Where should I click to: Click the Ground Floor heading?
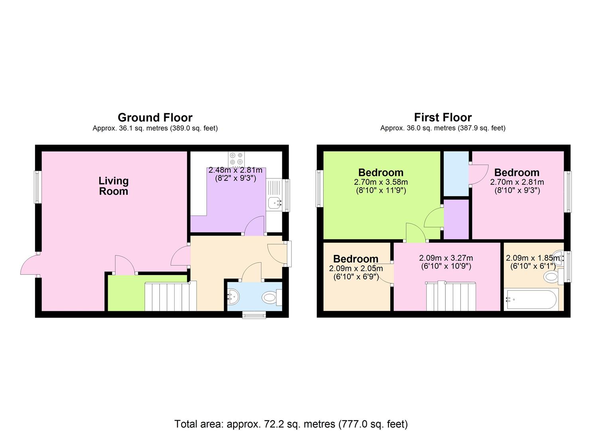(x=155, y=117)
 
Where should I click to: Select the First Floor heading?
(x=443, y=117)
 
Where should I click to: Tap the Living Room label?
(x=114, y=186)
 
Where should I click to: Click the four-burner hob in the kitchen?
(x=236, y=159)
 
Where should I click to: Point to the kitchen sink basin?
(x=274, y=203)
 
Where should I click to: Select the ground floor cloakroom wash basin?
(x=233, y=297)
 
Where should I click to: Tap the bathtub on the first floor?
(x=531, y=299)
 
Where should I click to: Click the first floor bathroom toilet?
(x=553, y=277)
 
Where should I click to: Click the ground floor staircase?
(x=171, y=297)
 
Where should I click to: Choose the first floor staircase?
(x=450, y=296)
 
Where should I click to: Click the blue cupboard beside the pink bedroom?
(x=456, y=174)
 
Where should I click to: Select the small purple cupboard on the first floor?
(x=456, y=219)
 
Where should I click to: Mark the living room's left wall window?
(x=38, y=187)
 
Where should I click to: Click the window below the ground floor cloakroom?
(x=254, y=315)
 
